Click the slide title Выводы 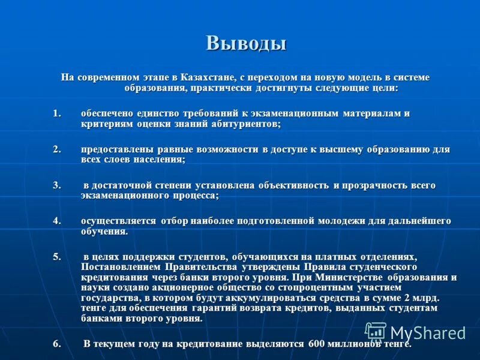click(x=246, y=44)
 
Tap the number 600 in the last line click(x=317, y=344)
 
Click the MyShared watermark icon click(x=376, y=332)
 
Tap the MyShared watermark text click(x=428, y=333)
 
